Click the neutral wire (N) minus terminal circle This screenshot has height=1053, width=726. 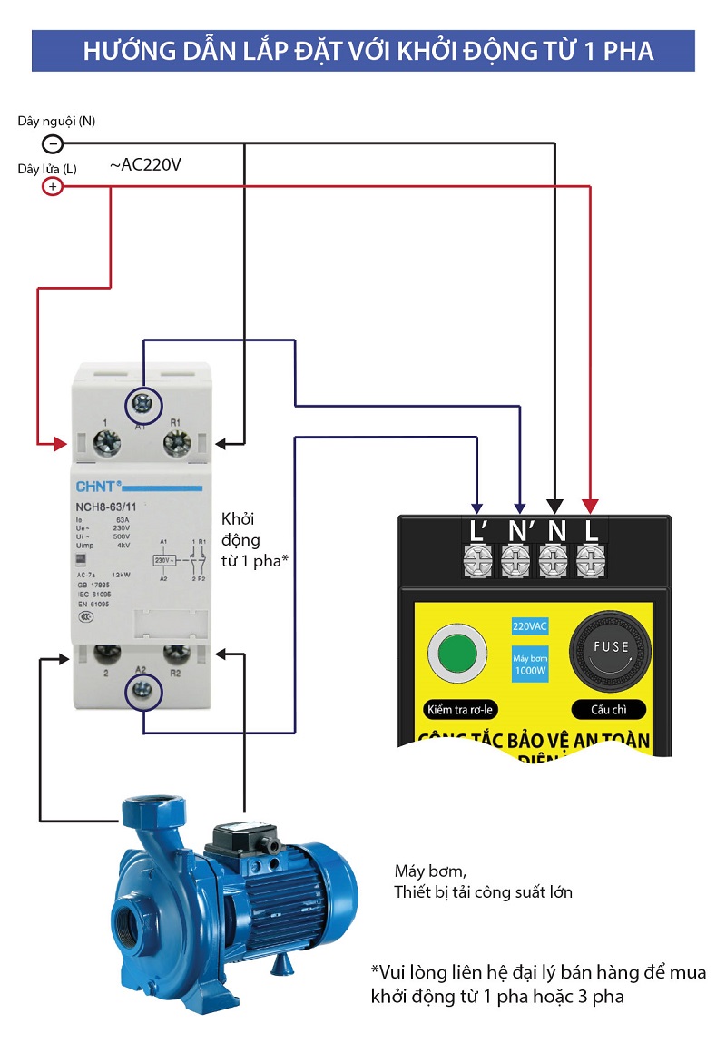coord(53,143)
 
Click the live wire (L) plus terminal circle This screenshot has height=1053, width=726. coord(53,187)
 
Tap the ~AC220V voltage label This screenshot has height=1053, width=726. coord(146,165)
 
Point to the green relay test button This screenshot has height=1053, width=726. coord(454,652)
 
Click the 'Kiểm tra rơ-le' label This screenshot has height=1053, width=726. coord(460,710)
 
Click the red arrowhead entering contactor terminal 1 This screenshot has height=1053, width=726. coord(60,444)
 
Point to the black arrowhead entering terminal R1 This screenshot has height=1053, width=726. coord(223,444)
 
